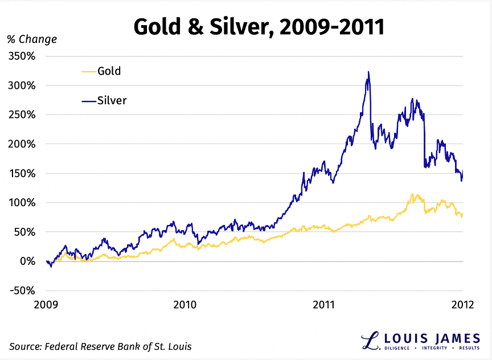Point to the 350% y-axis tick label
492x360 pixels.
(22, 56)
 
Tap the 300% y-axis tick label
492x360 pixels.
(22, 85)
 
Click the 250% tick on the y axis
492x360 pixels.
(22, 115)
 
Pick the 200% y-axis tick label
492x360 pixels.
(22, 144)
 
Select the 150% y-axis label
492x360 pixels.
(22, 174)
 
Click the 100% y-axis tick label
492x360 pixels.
(22, 203)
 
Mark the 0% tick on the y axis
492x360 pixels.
(27, 261)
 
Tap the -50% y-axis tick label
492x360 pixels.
(20, 291)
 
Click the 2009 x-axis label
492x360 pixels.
(46, 305)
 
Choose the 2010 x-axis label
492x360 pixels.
(184, 305)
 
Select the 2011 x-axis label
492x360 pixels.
(324, 305)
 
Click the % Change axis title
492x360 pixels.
(32, 39)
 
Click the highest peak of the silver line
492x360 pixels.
(368, 72)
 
